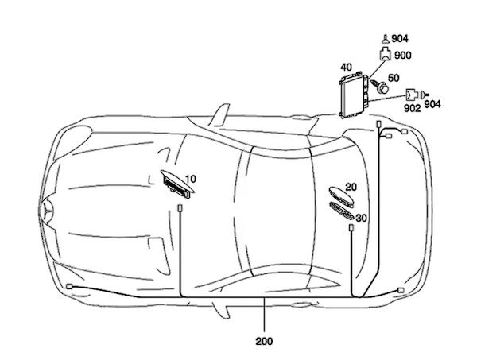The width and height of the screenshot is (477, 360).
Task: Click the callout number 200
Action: click(264, 341)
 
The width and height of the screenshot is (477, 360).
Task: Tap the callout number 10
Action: click(191, 179)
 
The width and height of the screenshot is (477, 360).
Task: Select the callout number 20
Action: click(351, 187)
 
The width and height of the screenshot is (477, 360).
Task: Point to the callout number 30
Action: click(361, 218)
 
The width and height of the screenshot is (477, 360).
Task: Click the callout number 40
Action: click(346, 67)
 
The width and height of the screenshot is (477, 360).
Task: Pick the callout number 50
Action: click(394, 78)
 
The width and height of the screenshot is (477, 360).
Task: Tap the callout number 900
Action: click(402, 56)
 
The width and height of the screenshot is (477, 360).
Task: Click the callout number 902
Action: click(412, 108)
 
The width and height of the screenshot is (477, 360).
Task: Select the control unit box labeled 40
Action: click(354, 95)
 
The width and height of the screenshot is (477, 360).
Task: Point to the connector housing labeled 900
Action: click(385, 54)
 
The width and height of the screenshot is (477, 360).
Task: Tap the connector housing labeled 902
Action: click(411, 95)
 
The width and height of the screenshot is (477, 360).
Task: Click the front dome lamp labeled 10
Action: click(177, 184)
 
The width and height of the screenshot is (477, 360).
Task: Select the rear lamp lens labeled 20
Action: click(341, 197)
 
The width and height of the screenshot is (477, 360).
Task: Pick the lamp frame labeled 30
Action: click(342, 211)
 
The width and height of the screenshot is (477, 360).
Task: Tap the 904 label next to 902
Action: click(432, 104)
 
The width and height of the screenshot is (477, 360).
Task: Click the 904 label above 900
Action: click(400, 39)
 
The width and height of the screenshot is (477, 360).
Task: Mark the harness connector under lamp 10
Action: click(180, 208)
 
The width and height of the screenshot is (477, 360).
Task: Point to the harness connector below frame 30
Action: click(351, 228)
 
